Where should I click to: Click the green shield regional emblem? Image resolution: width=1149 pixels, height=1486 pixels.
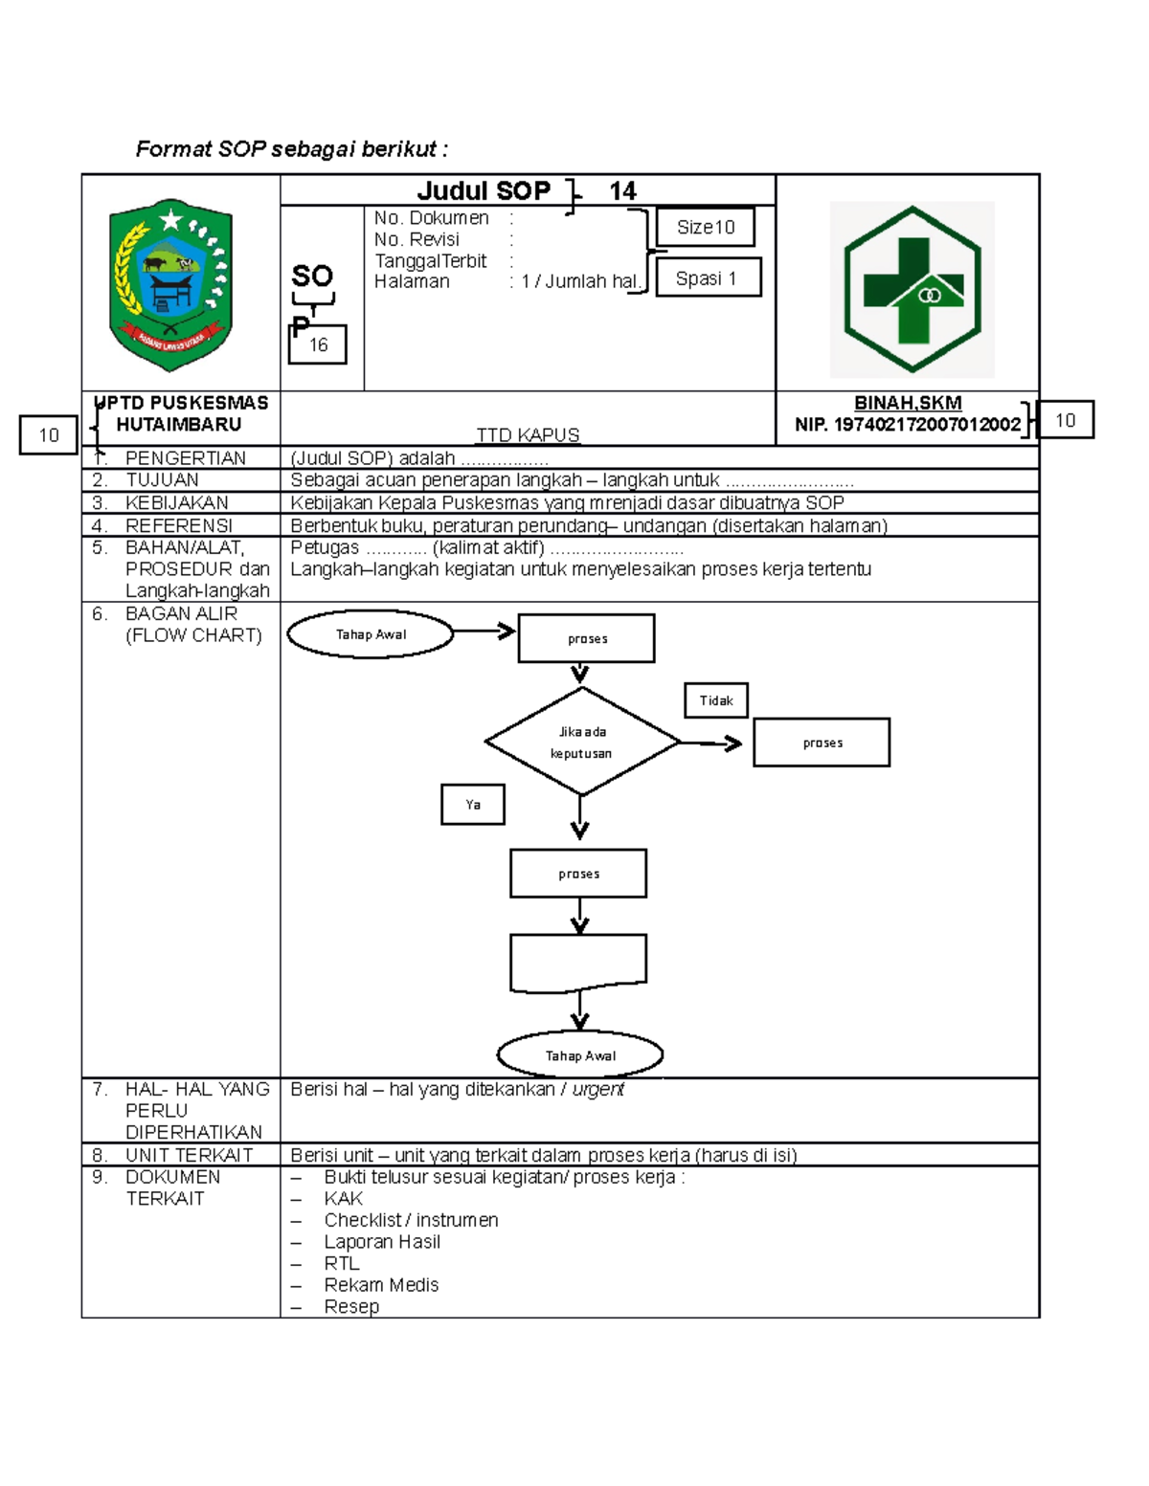pyautogui.click(x=171, y=284)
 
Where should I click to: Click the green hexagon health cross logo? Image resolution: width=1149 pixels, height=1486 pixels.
pyautogui.click(x=912, y=289)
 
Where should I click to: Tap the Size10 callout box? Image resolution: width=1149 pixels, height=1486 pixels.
pyautogui.click(x=706, y=228)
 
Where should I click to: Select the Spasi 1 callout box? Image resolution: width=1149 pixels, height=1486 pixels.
pyautogui.click(x=708, y=278)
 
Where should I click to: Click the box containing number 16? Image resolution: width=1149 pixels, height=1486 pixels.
pyautogui.click(x=318, y=345)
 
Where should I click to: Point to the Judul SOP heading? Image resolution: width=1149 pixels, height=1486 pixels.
pyautogui.click(x=484, y=191)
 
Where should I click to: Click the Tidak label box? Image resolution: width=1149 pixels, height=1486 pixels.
pyautogui.click(x=716, y=700)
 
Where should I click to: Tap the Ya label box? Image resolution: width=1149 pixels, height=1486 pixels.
pyautogui.click(x=473, y=805)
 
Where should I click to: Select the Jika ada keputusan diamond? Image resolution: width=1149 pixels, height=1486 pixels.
pyautogui.click(x=581, y=742)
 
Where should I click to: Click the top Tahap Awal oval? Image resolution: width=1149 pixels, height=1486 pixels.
pyautogui.click(x=371, y=634)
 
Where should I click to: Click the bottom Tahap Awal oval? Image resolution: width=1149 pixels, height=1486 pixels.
pyautogui.click(x=580, y=1055)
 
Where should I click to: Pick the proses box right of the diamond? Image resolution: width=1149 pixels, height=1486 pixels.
pyautogui.click(x=822, y=743)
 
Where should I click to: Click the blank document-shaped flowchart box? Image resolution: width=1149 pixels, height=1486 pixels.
pyautogui.click(x=578, y=963)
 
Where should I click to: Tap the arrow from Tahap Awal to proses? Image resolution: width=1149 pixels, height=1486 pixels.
pyautogui.click(x=484, y=632)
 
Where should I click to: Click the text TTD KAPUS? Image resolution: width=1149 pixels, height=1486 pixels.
pyautogui.click(x=528, y=435)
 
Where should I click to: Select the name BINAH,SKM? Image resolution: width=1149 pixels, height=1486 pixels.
pyautogui.click(x=908, y=404)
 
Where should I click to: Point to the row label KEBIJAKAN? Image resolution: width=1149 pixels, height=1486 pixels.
pyautogui.click(x=177, y=503)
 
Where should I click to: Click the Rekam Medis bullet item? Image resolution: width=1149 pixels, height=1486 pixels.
pyautogui.click(x=381, y=1285)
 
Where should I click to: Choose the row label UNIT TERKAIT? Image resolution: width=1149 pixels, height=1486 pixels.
pyautogui.click(x=189, y=1155)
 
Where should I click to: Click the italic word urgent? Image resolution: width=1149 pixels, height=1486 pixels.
pyautogui.click(x=598, y=1090)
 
